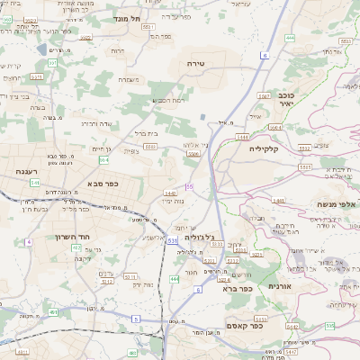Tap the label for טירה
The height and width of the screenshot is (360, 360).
point(197,64)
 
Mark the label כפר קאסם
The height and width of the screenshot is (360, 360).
point(244,327)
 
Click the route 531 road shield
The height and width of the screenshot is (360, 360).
point(171,241)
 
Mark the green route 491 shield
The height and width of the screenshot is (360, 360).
point(53,312)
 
